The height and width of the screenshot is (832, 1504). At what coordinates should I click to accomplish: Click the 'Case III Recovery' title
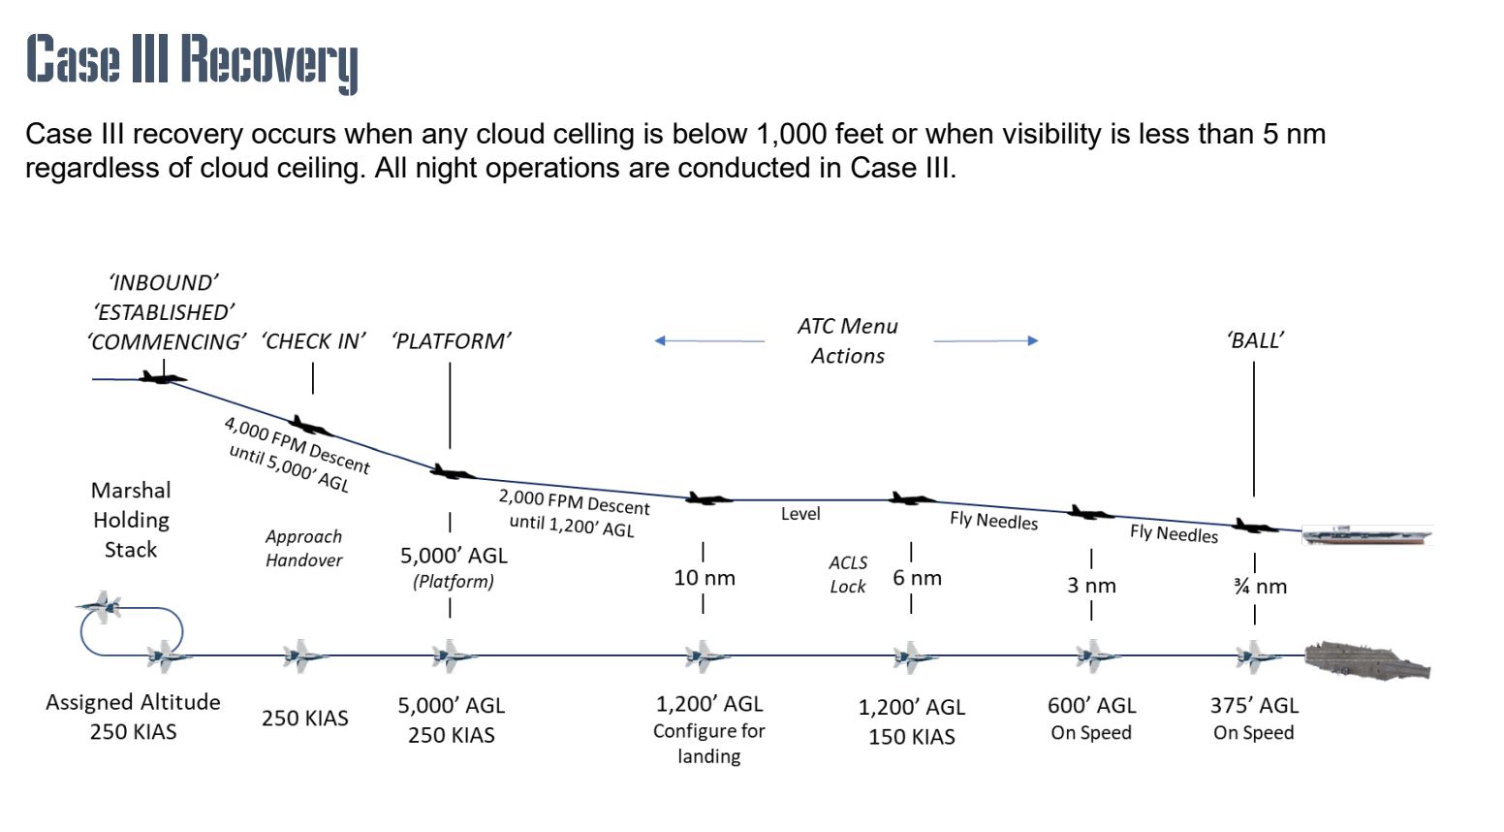coord(192,61)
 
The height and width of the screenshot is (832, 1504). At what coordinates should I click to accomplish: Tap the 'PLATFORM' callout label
coord(451,341)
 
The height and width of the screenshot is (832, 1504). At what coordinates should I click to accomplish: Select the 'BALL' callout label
coord(1255,340)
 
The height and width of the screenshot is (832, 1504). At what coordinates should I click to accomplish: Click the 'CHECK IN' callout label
coord(313,341)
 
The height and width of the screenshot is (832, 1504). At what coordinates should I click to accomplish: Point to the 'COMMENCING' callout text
coord(166,342)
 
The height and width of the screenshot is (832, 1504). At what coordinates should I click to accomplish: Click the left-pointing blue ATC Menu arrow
coord(708,340)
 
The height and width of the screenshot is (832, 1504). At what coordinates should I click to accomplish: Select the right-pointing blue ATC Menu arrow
coord(986,340)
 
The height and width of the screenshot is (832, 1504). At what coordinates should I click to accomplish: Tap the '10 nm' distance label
coord(705,578)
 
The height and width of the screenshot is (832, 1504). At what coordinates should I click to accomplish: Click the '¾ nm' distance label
coord(1260,586)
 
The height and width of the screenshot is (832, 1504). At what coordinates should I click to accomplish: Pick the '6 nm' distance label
coord(917,578)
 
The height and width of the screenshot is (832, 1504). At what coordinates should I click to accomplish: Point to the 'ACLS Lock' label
coord(848,574)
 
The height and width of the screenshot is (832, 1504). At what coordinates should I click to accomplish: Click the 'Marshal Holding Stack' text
coord(131,520)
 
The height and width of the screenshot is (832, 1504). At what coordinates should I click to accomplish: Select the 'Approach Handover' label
coord(303,548)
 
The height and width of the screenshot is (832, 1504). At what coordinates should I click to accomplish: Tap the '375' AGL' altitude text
coord(1254,706)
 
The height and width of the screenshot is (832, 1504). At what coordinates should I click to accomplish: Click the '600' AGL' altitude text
coord(1091,706)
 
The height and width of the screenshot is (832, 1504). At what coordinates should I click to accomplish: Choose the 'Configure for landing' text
coord(708,744)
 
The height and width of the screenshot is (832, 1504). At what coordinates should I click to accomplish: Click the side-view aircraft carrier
coord(1366,534)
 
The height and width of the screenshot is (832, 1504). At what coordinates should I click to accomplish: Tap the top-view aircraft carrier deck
coord(1367,658)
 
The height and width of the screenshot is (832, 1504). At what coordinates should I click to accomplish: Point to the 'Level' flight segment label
coord(800,514)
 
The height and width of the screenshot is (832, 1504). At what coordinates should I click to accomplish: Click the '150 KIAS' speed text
coord(911,737)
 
